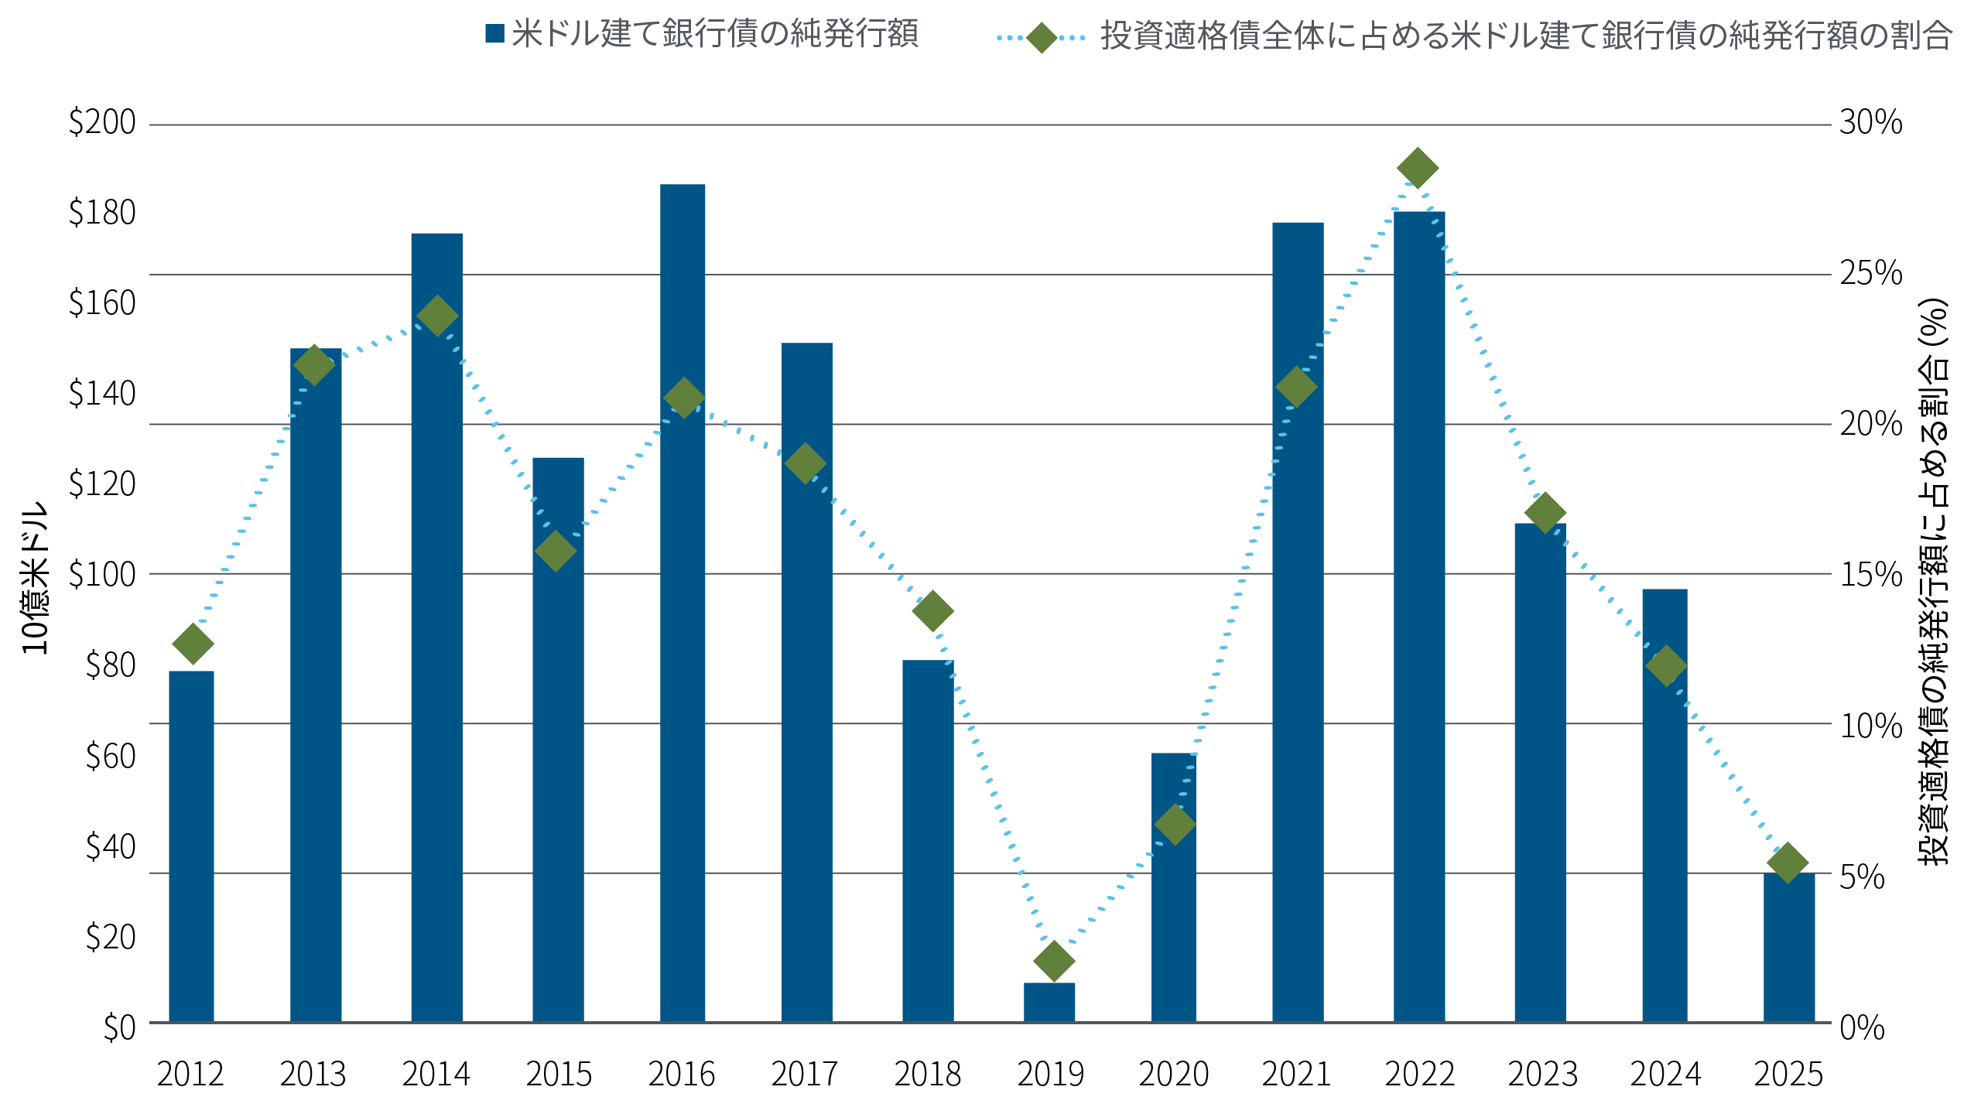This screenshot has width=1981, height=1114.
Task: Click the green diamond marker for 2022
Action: point(1418,168)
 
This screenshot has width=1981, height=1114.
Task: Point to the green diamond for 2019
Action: point(1054,961)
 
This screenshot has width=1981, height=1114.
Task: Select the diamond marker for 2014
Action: point(437,316)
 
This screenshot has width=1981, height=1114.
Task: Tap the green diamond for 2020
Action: point(1175,824)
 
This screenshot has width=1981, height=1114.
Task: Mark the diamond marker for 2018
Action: point(932,611)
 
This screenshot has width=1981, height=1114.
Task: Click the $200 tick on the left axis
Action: point(102,123)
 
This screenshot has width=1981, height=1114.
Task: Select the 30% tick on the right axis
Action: point(1870,123)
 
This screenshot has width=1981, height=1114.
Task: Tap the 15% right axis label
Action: point(1870,575)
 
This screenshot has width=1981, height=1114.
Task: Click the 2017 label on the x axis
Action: point(805,1075)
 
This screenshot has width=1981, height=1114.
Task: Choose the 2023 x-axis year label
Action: point(1542,1075)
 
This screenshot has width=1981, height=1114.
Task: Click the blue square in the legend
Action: point(495,34)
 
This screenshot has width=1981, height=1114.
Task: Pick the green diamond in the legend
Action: point(1042,37)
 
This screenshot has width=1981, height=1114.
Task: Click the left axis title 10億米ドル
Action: point(36,579)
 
